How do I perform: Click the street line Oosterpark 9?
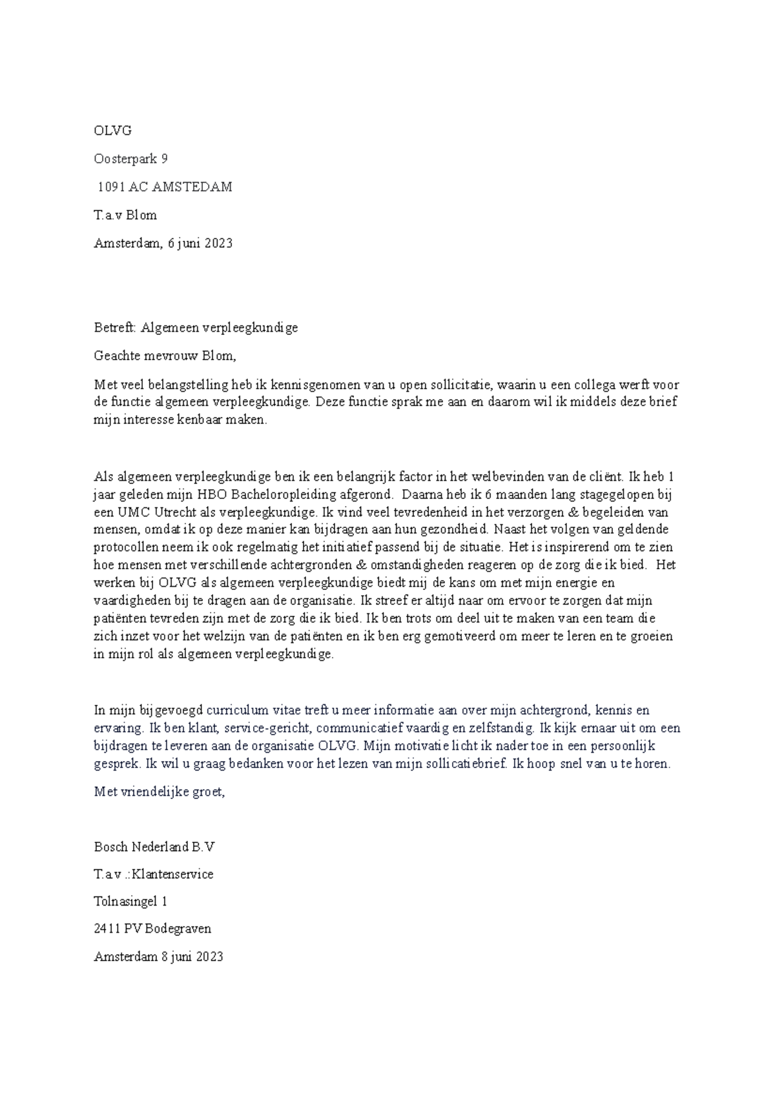tap(130, 159)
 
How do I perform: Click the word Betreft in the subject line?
tap(114, 327)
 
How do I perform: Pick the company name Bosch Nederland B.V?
tap(159, 847)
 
